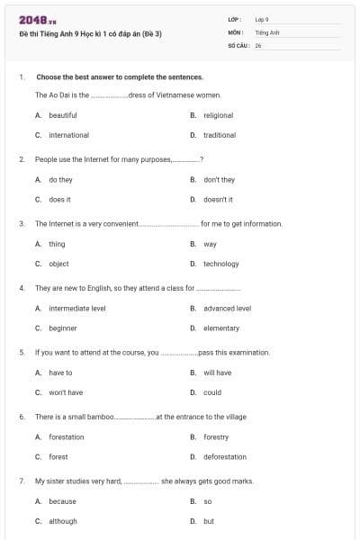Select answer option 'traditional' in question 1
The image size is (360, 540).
click(219, 135)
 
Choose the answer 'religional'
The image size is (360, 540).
click(218, 115)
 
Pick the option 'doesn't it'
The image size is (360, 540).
click(218, 199)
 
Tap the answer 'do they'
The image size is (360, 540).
click(60, 180)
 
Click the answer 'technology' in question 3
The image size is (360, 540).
click(220, 264)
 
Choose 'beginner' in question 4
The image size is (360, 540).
click(63, 328)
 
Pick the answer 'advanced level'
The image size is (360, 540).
click(227, 308)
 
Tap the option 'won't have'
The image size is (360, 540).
click(66, 392)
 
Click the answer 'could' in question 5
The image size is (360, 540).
click(211, 392)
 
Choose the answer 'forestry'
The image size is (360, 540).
click(216, 437)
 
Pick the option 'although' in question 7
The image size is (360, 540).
click(63, 521)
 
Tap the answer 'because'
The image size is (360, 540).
click(62, 501)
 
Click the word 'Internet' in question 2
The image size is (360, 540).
click(84, 159)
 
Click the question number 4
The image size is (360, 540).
click(21, 288)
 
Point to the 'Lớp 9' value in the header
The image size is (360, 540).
click(262, 18)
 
